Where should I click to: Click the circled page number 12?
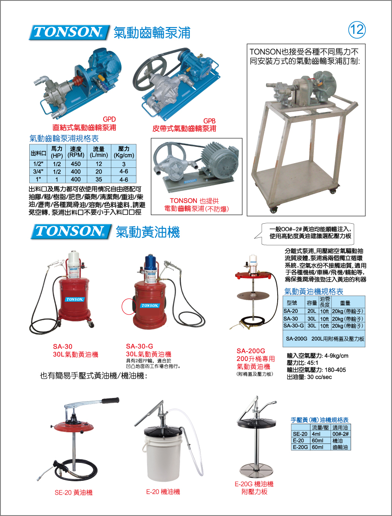tap(357, 30)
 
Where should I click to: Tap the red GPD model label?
tap(109, 119)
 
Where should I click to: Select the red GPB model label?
tap(209, 121)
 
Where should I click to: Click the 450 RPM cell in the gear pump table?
tap(76, 164)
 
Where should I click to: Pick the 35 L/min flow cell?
tap(98, 179)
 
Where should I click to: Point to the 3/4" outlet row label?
tap(38, 172)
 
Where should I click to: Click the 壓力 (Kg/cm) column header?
tap(124, 152)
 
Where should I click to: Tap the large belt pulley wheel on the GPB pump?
tap(150, 70)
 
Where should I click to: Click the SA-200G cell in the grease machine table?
tap(297, 339)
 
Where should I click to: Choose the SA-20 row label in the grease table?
tap(291, 311)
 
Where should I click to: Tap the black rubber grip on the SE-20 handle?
tap(110, 400)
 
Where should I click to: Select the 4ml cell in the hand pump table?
tap(316, 434)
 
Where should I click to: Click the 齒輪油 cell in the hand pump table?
tap(340, 447)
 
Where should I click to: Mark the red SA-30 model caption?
tap(63, 346)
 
